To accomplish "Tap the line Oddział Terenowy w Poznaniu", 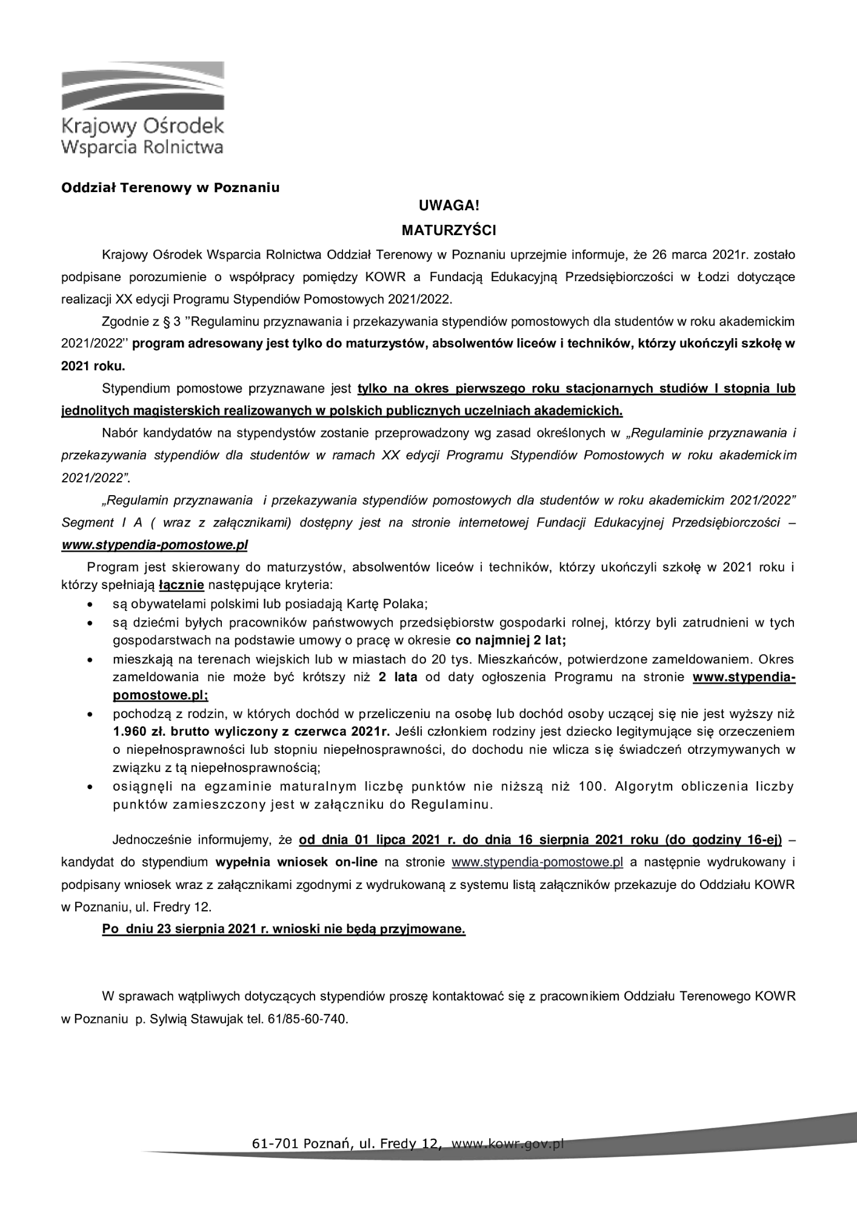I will [170, 187].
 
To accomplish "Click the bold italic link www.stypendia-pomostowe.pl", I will [155, 545].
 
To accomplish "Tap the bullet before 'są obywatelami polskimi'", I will [90, 605].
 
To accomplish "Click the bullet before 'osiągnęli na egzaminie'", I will [90, 788].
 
